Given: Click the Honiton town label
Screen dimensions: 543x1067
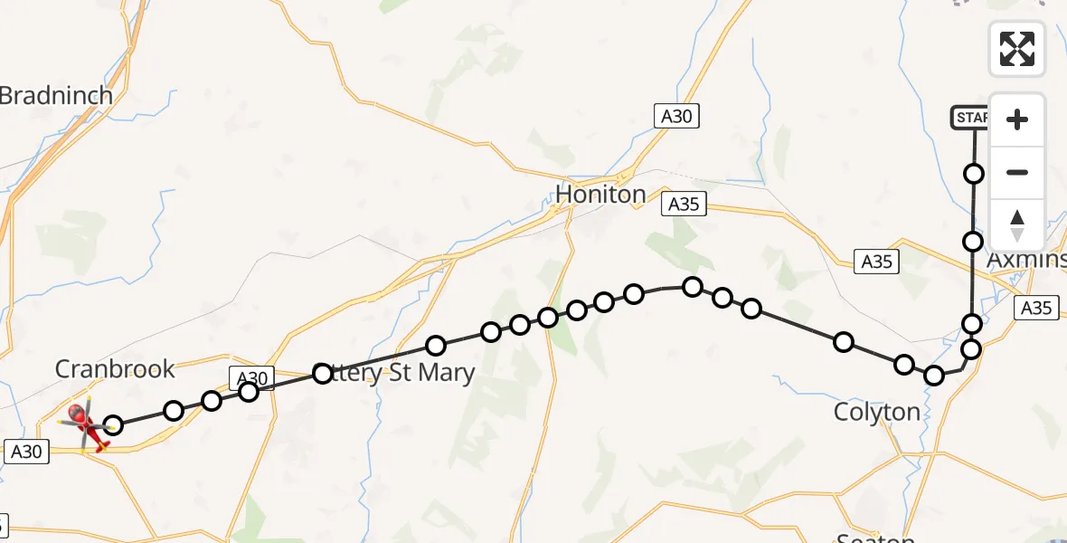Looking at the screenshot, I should [x=600, y=194].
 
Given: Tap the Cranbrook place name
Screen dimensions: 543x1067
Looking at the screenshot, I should [x=115, y=368].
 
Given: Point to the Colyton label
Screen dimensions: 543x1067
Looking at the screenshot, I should [x=876, y=412].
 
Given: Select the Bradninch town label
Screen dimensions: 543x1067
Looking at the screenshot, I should [x=56, y=95].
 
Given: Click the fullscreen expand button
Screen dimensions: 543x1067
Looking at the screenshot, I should [x=1017, y=49].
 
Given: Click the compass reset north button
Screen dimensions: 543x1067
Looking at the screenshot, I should [x=1017, y=225].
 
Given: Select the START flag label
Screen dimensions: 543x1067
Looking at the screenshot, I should [x=969, y=118].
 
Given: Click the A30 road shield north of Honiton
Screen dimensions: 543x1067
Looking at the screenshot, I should [x=677, y=115].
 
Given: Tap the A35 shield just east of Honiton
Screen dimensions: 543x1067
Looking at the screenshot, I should [x=684, y=205].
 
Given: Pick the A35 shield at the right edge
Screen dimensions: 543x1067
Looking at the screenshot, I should [x=1035, y=308].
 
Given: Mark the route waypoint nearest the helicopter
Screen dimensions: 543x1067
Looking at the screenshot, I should [x=113, y=424].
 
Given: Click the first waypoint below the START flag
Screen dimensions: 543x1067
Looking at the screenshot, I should [x=974, y=173].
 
